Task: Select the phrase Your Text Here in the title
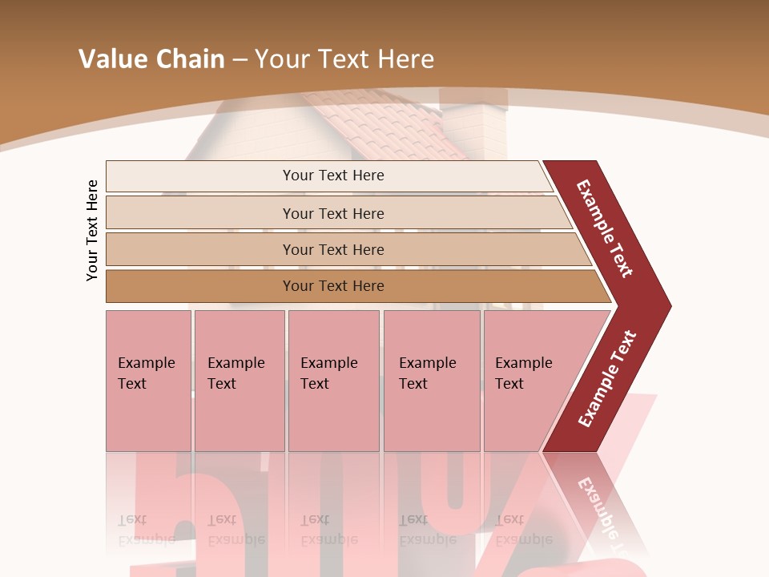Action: pos(344,59)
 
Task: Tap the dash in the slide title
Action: pos(240,60)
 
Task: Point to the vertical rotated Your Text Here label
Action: pos(92,230)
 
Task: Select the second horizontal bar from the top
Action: pos(333,213)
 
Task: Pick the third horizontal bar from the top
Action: pos(333,249)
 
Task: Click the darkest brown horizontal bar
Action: pos(333,286)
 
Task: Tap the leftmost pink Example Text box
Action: pos(148,380)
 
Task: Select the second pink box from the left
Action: pos(239,380)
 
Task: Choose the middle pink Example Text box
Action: pos(333,380)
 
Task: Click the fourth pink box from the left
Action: pos(432,380)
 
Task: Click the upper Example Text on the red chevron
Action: pos(605,228)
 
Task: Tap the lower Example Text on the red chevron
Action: pos(607,378)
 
